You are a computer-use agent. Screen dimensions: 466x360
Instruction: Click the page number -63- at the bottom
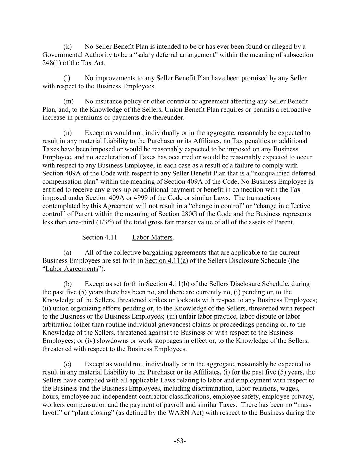click(x=180, y=441)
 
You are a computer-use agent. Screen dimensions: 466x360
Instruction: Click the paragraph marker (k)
click(x=68, y=46)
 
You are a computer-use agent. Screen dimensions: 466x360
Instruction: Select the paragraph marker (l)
click(x=67, y=78)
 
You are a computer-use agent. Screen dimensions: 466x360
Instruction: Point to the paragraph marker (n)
click(x=68, y=133)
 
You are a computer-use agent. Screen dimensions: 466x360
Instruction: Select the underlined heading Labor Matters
click(x=152, y=237)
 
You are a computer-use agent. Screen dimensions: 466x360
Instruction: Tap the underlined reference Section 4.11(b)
click(x=168, y=284)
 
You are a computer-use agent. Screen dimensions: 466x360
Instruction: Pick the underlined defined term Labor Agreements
click(x=72, y=269)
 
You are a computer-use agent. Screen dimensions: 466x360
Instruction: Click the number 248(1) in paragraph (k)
click(x=51, y=63)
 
